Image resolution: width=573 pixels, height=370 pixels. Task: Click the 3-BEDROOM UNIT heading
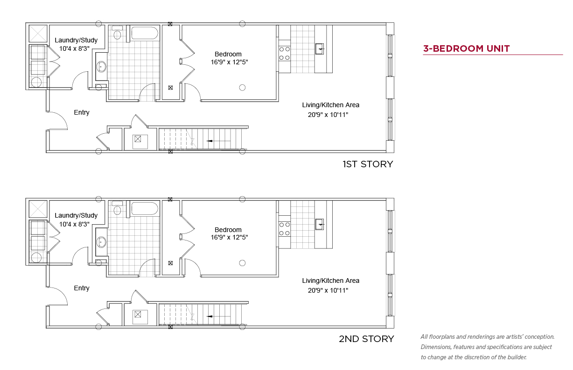(466, 48)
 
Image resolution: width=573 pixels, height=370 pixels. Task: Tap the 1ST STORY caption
(368, 164)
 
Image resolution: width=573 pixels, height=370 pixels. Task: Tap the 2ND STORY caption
(366, 339)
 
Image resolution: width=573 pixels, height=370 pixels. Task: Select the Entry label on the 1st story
(82, 112)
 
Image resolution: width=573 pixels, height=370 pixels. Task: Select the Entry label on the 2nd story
(82, 288)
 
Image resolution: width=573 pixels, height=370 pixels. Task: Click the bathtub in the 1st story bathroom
(145, 33)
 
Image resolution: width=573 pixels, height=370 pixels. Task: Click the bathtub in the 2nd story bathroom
(145, 209)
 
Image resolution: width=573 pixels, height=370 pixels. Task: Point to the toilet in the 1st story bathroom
(117, 33)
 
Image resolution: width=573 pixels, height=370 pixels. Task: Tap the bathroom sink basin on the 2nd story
(102, 242)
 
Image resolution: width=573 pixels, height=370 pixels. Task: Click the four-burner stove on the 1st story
(285, 53)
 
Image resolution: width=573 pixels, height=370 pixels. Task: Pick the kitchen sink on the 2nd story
(320, 224)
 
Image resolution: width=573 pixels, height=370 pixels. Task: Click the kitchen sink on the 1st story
(320, 49)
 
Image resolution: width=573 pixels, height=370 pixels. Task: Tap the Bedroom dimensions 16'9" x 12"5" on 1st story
(229, 62)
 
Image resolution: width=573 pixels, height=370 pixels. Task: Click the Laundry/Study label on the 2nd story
(76, 215)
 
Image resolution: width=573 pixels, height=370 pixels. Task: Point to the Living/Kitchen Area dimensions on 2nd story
(328, 290)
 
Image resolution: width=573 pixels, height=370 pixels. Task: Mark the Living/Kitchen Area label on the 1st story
(330, 105)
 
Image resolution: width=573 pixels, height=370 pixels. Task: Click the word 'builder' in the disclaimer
(517, 357)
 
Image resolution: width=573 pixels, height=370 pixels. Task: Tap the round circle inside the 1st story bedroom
(242, 88)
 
